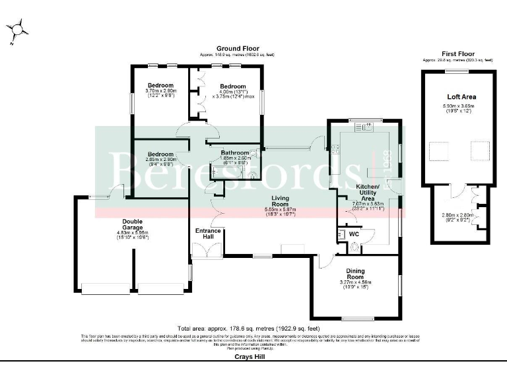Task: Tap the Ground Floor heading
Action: pos(237,49)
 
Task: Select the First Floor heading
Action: pos(458,53)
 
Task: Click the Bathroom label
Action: pos(235,152)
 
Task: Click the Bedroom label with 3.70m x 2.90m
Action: pos(160,86)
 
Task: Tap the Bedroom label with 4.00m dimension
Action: pos(233,86)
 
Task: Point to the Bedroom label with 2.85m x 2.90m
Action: pos(160,154)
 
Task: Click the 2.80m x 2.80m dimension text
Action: pos(458,216)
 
